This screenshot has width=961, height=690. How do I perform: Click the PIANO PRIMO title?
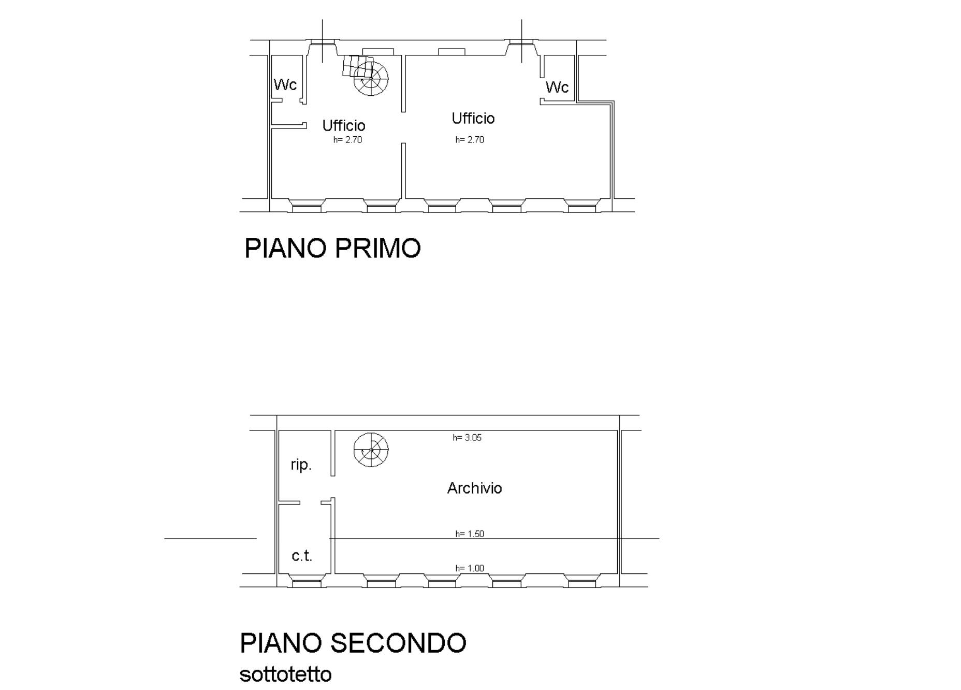click(332, 248)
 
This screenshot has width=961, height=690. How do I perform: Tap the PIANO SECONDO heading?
click(353, 643)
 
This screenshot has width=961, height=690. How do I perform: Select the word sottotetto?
click(285, 674)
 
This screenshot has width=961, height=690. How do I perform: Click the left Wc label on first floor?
click(285, 84)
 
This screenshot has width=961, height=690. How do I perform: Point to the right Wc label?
click(557, 87)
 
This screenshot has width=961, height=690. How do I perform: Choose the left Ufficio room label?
click(344, 125)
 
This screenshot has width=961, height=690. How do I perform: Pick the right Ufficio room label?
click(473, 118)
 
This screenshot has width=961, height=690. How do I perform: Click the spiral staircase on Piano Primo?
click(366, 76)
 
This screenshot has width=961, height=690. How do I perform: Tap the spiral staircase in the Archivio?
click(371, 450)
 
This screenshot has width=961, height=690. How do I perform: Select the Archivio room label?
click(474, 488)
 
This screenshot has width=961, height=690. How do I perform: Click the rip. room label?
click(301, 465)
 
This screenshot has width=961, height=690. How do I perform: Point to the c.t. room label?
click(302, 556)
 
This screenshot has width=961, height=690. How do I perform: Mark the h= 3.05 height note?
click(467, 438)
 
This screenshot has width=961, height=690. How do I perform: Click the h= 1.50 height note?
click(470, 534)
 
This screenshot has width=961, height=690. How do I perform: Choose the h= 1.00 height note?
click(470, 568)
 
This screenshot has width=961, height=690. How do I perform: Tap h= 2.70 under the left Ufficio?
click(347, 140)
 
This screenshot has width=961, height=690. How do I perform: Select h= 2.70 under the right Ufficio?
click(470, 140)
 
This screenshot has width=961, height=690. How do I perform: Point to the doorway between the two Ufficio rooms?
click(403, 127)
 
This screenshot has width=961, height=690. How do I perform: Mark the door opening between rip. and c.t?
click(310, 502)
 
